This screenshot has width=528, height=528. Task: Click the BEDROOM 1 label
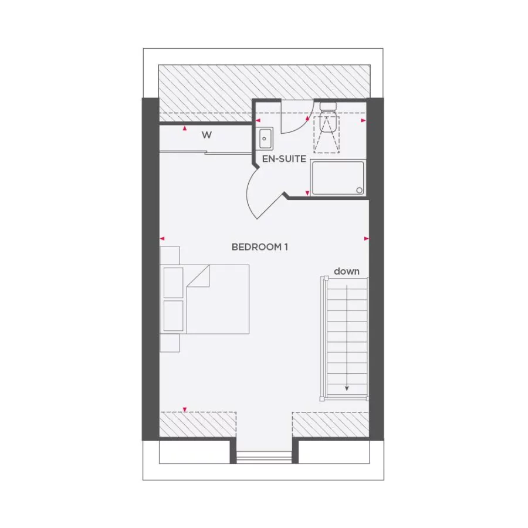tap(259, 247)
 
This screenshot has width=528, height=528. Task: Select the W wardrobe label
tap(207, 136)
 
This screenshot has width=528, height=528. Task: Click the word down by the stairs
tap(347, 271)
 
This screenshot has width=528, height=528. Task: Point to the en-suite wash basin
tap(265, 139)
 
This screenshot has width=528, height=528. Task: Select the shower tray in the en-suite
tap(337, 178)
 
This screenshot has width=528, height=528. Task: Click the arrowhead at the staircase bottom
tap(347, 388)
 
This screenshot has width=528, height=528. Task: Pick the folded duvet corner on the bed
tap(199, 276)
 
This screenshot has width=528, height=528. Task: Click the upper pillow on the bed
tap(173, 282)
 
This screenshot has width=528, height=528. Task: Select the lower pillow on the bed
tap(173, 316)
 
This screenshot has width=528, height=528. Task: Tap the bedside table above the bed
tap(170, 255)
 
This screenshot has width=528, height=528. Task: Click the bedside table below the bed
tap(170, 343)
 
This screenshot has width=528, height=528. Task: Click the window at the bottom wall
tap(264, 456)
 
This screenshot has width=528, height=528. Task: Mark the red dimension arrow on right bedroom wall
tap(367, 238)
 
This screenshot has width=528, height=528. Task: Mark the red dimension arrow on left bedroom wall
tap(163, 238)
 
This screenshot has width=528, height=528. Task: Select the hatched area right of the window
tap(331, 424)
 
